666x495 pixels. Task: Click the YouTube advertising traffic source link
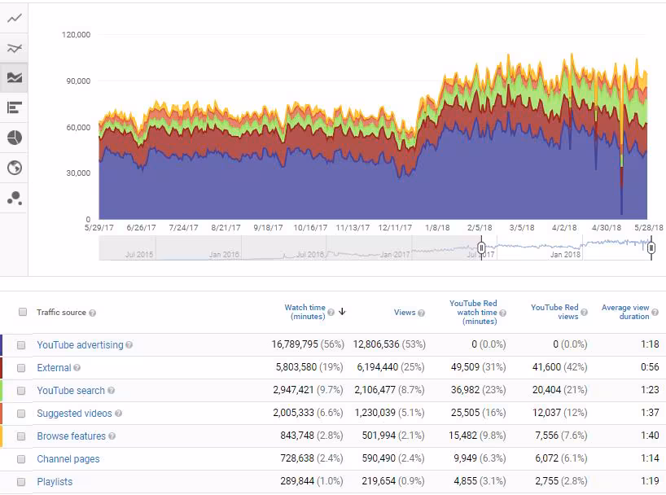80,345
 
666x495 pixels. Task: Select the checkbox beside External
21,368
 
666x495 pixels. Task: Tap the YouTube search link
71,391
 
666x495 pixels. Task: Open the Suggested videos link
74,414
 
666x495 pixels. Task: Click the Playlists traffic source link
55,482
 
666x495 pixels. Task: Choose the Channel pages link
68,459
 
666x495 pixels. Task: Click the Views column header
405,313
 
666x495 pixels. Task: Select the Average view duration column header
625,312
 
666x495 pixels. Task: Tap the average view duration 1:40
650,436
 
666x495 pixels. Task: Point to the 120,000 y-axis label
76,35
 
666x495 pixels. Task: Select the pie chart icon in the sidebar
14,138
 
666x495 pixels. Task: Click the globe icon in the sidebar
14,168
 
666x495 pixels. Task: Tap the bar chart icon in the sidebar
14,107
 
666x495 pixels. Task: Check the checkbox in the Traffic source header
23,313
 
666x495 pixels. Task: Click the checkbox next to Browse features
21,436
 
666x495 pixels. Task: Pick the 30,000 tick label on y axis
78,173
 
